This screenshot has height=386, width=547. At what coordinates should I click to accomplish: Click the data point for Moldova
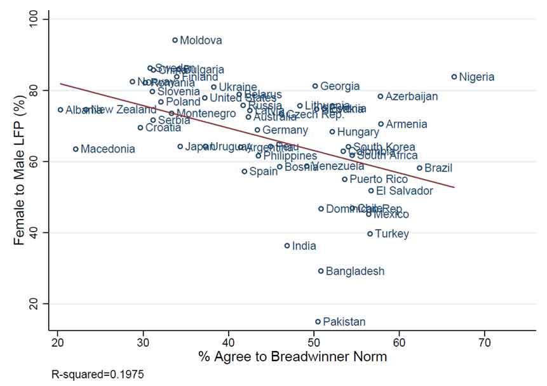point(175,40)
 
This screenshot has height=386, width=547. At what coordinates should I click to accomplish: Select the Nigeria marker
point(454,77)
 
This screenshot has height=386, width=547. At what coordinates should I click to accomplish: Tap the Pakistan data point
point(318,321)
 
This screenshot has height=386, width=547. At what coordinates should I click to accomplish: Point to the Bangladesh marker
point(321,271)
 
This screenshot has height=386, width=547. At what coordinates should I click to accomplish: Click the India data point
point(287,246)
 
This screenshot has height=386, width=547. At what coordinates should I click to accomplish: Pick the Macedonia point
point(76,149)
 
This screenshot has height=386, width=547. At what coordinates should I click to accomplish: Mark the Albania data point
point(60,110)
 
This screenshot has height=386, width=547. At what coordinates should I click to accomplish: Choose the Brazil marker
point(419,168)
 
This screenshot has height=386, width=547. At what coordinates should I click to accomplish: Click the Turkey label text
point(392,234)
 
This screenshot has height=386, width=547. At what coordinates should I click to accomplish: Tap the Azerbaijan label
point(412,96)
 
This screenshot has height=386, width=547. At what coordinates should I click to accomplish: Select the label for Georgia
point(340,86)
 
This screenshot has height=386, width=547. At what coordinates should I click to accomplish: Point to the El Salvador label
point(405,190)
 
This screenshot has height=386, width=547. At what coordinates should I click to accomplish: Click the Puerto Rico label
point(379,179)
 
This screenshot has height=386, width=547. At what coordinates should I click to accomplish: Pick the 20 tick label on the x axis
point(57,343)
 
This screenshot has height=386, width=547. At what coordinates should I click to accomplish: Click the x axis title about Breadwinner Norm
point(292,357)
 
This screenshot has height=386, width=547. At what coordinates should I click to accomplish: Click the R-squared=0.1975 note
point(98,375)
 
